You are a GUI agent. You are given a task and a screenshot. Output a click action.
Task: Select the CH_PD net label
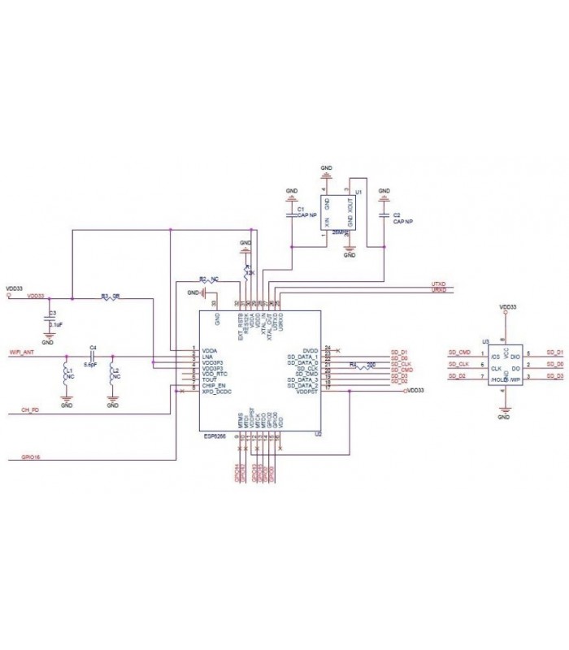coord(30,409)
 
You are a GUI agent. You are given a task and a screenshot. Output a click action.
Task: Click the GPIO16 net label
coord(32,457)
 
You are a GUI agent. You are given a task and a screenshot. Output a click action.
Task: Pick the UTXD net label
coord(438,284)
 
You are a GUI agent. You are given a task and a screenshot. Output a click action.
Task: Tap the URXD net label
coord(438,290)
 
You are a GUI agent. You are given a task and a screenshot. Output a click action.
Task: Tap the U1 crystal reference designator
coord(358,192)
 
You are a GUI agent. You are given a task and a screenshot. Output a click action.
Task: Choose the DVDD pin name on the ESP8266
coord(310,349)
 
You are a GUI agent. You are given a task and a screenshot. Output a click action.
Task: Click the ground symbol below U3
coord(503,411)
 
